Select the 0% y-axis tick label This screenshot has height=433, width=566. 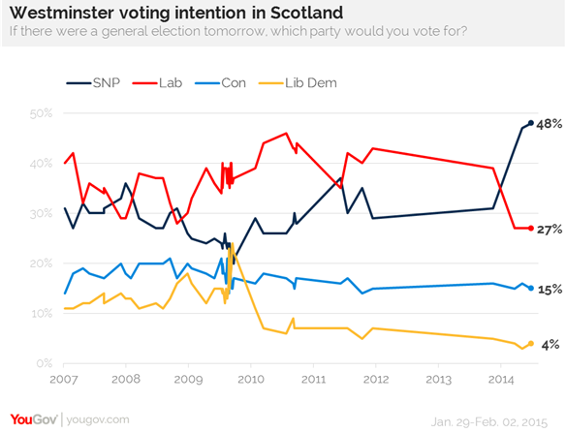(42, 363)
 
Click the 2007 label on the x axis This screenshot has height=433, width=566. (64, 379)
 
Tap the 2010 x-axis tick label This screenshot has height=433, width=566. (251, 379)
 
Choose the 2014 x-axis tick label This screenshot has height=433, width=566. (500, 379)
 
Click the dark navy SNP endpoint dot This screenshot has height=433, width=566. (531, 123)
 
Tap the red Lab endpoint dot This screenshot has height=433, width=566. (531, 228)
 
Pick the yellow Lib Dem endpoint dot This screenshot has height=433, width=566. (531, 343)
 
